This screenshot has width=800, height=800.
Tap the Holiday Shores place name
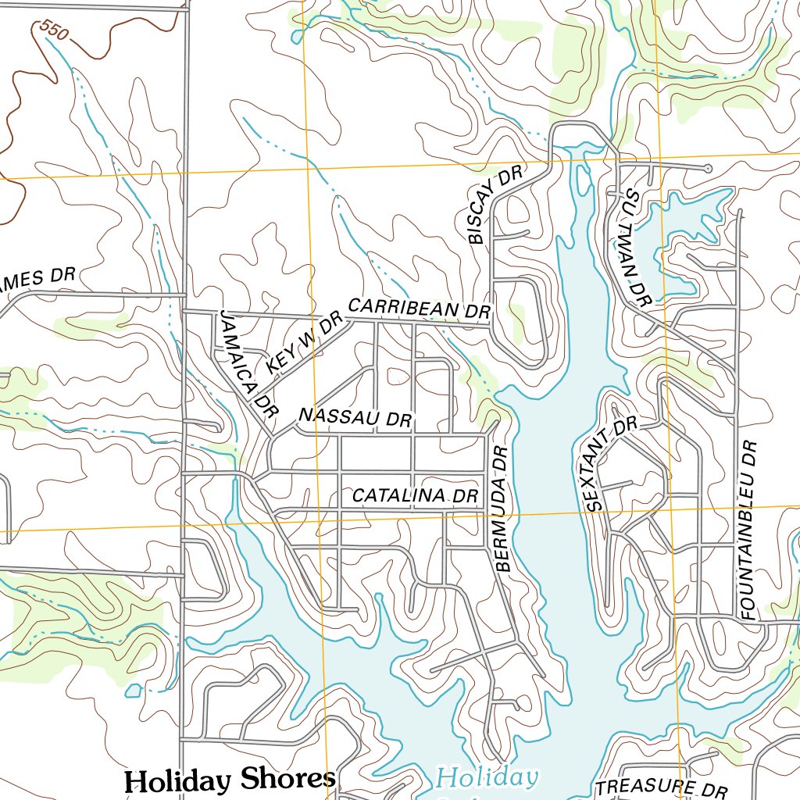pos(230,779)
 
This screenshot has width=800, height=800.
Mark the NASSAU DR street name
pos(355,417)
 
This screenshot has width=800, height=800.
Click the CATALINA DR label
pos(415,495)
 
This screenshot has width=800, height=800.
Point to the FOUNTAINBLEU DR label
pos(748,530)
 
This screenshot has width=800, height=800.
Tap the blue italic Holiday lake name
pos(487,777)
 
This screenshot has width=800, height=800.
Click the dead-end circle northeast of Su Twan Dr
pos(708,168)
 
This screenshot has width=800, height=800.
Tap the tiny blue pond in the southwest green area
pos(133,691)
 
